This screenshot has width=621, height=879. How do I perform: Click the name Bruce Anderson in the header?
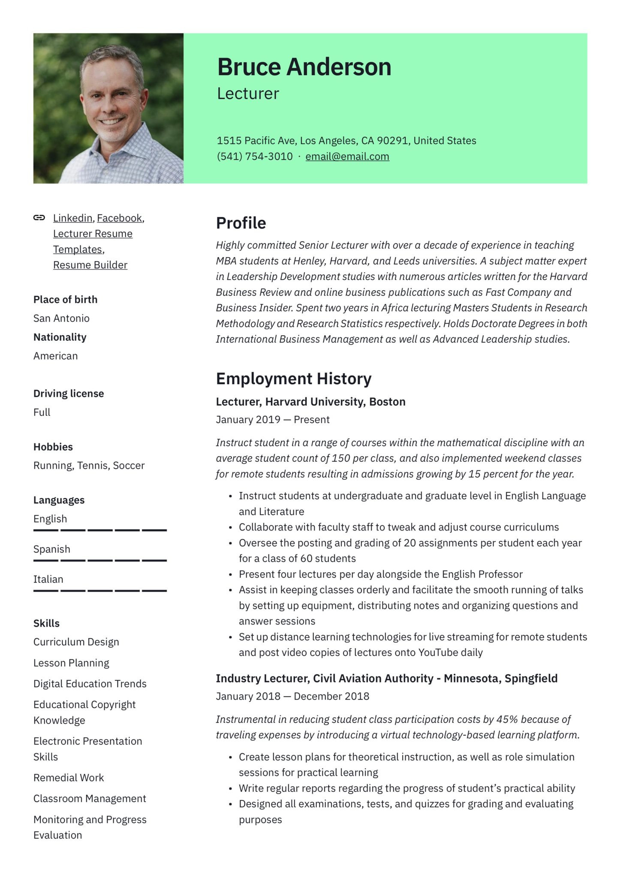coord(304,67)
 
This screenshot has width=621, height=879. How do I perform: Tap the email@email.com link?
coord(347,157)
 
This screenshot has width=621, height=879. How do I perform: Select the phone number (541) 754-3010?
coord(254,157)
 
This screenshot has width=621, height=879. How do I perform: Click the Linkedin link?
coord(72,218)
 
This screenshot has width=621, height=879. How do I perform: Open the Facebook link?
coord(119,218)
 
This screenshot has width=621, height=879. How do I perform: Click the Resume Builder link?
coord(90,265)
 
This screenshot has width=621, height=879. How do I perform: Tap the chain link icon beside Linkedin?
coord(39,218)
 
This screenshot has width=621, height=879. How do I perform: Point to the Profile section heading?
coord(241,223)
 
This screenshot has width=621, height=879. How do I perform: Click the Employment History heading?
coord(293,379)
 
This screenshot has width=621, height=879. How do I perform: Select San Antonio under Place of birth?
coord(61,318)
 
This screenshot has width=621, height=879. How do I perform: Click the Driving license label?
coord(69,394)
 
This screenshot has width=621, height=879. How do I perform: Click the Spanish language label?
coord(51,549)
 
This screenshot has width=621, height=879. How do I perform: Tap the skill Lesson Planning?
coord(71,663)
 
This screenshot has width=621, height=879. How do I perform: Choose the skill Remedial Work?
coord(69,778)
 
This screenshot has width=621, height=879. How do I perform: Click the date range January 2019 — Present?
coord(272,420)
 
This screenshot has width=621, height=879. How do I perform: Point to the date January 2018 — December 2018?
coord(292,696)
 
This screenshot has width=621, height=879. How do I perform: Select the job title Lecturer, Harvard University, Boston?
coord(310,402)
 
